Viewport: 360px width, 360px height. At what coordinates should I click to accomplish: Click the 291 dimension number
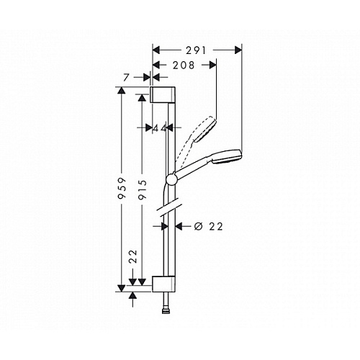point(196,50)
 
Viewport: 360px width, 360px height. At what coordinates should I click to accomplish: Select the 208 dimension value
point(184,66)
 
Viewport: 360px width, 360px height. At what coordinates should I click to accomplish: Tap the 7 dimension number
point(127,78)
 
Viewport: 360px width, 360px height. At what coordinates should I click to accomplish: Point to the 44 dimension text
point(160,128)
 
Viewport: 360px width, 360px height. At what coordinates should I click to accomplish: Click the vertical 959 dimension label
point(122,189)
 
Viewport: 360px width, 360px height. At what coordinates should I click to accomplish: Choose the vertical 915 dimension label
point(143,189)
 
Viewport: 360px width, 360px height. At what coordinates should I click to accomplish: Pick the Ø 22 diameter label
point(208,226)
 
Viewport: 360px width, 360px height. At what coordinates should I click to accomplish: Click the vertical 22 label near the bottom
point(133,256)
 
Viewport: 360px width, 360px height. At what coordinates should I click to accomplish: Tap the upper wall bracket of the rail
point(163,95)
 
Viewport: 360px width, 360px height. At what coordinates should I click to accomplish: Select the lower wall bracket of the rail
point(163,284)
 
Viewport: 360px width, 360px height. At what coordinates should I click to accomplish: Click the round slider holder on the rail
point(171,179)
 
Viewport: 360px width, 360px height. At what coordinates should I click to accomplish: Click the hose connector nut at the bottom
point(166,312)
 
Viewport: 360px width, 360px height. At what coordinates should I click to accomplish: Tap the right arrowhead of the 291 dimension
point(238,50)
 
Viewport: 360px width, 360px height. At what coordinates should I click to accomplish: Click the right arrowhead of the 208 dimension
point(213,65)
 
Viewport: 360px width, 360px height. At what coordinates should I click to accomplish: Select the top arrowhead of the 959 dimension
point(122,91)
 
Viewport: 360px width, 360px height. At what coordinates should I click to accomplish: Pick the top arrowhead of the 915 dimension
point(142,98)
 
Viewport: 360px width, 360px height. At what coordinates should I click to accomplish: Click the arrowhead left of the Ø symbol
point(179,226)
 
